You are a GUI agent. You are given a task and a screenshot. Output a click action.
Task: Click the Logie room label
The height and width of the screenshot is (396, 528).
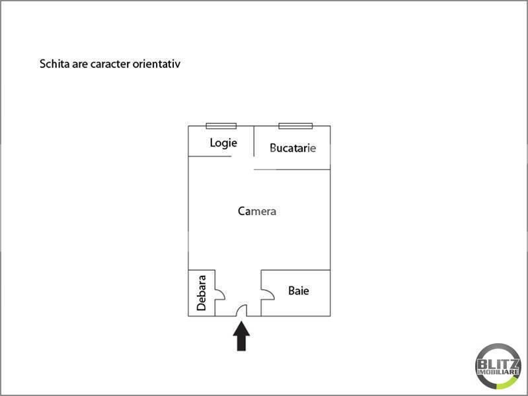point(223,143)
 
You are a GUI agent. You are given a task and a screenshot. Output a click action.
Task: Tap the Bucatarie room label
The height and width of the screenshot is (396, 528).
point(293,148)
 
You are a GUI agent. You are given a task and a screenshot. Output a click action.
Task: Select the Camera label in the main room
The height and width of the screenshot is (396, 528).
point(257,211)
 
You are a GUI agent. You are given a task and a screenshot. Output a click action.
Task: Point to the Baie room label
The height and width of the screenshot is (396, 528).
point(299,290)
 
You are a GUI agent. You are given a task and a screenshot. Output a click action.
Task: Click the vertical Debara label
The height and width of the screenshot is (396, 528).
point(202,293)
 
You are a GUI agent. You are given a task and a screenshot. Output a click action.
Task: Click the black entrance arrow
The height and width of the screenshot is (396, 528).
point(241,336)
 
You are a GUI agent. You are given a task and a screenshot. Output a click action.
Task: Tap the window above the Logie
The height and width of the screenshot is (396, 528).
point(221,126)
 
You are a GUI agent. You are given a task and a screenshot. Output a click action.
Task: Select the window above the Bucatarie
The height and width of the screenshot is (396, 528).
point(295,126)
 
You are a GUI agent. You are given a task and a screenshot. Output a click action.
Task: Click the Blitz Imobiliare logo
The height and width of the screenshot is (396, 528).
point(498,366)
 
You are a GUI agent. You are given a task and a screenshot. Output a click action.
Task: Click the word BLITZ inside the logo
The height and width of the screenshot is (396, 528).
point(498,364)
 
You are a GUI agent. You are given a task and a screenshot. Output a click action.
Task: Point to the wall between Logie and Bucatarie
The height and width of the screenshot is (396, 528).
point(254,141)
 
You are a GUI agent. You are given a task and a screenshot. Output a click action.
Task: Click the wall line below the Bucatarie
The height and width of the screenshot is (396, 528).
point(292,169)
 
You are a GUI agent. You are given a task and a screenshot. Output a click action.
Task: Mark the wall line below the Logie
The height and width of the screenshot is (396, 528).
point(209,156)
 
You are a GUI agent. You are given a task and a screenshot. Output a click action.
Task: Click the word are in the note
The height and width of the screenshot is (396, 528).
point(80,64)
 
